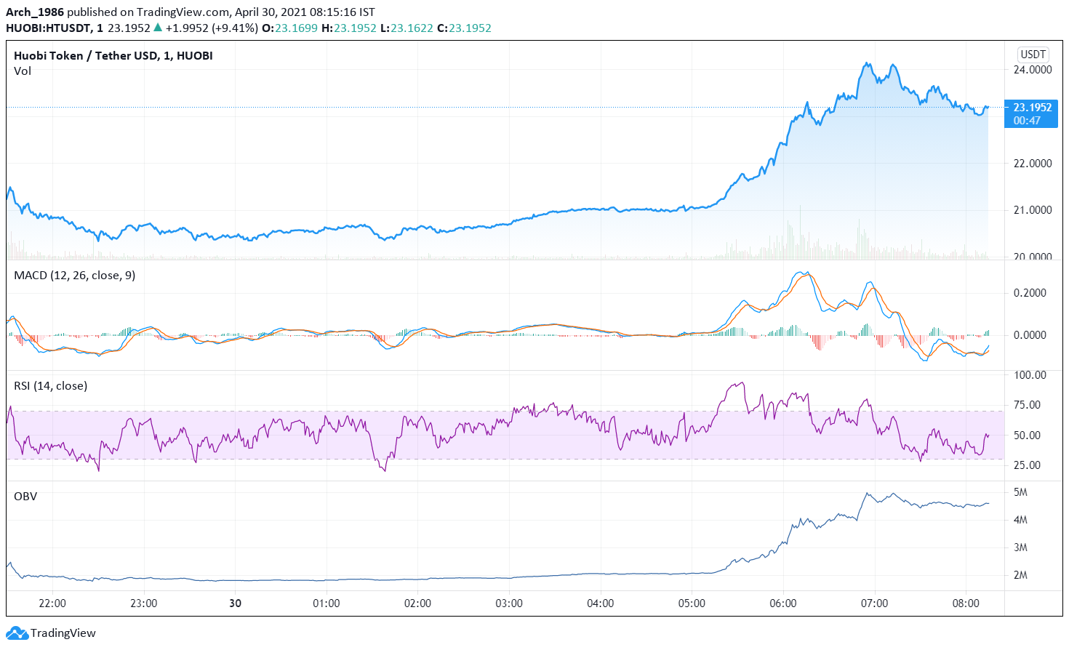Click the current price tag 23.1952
pyautogui.click(x=1031, y=108)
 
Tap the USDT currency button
pyautogui.click(x=1033, y=54)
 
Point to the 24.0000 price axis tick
pyautogui.click(x=1033, y=70)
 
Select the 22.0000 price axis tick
pyautogui.click(x=1033, y=164)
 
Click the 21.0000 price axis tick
pyautogui.click(x=1033, y=210)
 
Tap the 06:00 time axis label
pyautogui.click(x=782, y=603)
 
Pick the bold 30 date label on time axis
pyautogui.click(x=235, y=603)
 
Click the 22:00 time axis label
pyautogui.click(x=52, y=603)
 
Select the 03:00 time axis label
pyautogui.click(x=509, y=603)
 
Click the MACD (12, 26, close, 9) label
pyautogui.click(x=74, y=276)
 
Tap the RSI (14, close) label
pyautogui.click(x=50, y=386)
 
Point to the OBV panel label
pyautogui.click(x=25, y=497)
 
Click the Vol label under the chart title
pyautogui.click(x=23, y=71)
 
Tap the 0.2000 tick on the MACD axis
pyautogui.click(x=1030, y=293)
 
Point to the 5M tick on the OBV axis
pyautogui.click(x=1020, y=492)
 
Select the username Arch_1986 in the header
pyautogui.click(x=35, y=12)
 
